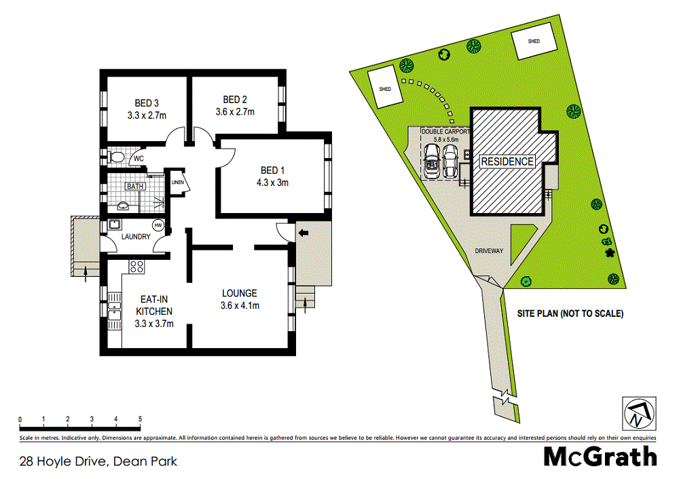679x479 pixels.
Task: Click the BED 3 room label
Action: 143,103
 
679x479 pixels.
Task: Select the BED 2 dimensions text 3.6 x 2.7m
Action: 234,111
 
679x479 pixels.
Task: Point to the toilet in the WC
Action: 116,158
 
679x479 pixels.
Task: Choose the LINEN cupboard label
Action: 178,183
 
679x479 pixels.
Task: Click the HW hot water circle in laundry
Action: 158,225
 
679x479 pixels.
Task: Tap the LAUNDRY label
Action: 136,237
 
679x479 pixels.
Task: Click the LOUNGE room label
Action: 240,293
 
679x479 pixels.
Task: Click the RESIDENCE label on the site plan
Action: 507,161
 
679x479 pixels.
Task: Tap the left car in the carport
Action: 431,163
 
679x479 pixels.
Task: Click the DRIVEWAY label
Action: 489,251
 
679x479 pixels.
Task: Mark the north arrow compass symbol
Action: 638,412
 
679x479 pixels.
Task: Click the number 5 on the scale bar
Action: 140,419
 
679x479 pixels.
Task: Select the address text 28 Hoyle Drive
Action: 62,462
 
